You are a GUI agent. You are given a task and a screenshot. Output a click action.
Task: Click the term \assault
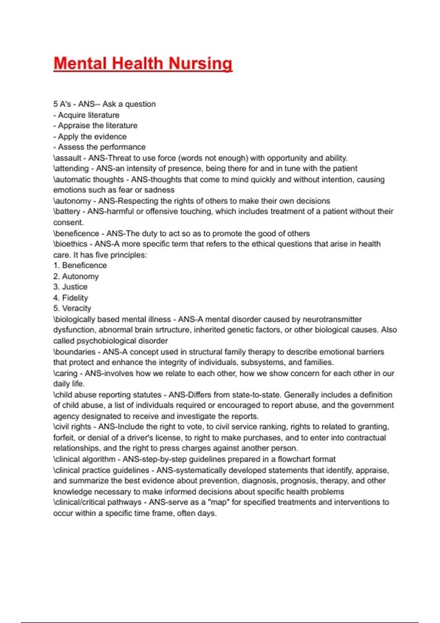(x=67, y=158)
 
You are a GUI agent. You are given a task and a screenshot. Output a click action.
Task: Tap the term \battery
(x=67, y=211)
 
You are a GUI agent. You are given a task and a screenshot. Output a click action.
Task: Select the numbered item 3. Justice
(x=70, y=287)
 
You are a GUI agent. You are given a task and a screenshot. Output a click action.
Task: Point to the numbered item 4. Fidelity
(x=71, y=298)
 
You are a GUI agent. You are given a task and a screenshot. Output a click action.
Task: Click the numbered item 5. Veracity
(x=72, y=309)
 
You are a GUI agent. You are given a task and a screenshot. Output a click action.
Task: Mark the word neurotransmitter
(x=332, y=320)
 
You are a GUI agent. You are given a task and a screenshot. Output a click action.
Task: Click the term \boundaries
(x=74, y=352)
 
